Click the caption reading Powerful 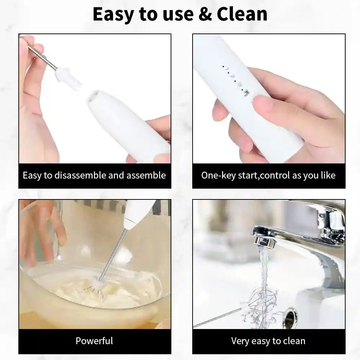94,341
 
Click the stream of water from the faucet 265,266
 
